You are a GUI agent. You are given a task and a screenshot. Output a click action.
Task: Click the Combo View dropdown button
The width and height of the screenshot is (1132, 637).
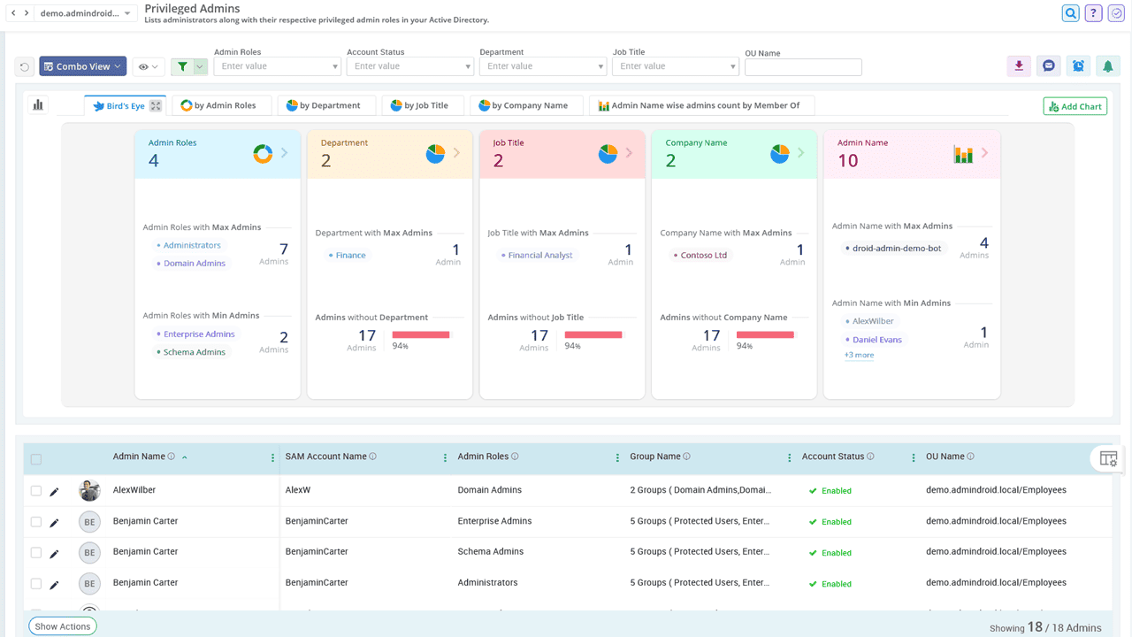click(83, 66)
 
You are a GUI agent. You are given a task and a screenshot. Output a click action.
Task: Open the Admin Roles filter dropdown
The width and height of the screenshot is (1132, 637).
click(277, 66)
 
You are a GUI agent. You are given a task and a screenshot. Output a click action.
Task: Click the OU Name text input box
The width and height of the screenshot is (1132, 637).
click(803, 67)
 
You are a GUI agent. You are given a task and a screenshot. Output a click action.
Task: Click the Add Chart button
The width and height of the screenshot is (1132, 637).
click(1075, 106)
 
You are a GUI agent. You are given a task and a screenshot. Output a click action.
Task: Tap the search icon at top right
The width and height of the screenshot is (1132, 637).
click(1070, 13)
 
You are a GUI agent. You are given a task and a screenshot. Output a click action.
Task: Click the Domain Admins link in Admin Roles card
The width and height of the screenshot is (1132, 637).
click(194, 264)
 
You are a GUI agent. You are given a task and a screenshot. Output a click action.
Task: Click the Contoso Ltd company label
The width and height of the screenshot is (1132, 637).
click(703, 256)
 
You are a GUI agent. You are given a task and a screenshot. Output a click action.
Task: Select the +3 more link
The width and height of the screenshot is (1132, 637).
click(858, 355)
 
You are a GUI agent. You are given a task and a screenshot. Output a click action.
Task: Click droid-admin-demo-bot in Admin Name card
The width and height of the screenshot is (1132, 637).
click(896, 249)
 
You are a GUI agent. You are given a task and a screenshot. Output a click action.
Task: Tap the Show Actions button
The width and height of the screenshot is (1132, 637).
click(62, 626)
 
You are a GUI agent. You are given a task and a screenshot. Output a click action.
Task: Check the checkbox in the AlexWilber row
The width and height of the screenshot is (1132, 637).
click(36, 490)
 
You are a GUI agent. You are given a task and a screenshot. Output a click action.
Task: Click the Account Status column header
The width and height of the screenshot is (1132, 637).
click(832, 457)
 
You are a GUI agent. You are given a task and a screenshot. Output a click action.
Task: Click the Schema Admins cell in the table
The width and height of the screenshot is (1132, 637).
click(490, 552)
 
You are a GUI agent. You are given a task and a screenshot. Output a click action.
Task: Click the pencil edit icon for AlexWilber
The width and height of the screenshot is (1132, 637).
click(54, 491)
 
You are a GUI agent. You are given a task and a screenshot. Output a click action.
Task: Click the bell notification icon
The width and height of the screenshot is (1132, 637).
click(1106, 65)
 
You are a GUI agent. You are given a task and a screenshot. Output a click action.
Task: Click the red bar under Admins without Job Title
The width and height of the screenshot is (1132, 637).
click(593, 334)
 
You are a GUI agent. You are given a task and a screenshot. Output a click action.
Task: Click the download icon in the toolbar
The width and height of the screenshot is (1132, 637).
click(1019, 65)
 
